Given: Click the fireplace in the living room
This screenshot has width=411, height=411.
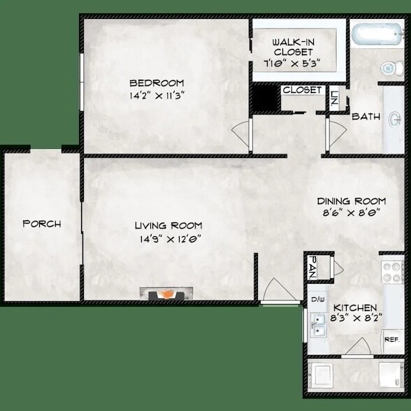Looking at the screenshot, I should pyautogui.click(x=166, y=294).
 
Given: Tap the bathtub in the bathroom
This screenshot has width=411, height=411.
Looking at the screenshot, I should pyautogui.click(x=377, y=35).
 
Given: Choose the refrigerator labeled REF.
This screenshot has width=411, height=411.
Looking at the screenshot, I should pyautogui.click(x=391, y=340).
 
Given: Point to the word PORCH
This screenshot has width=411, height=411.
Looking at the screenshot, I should pyautogui.click(x=42, y=224).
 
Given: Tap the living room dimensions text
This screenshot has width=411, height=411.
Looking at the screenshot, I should pyautogui.click(x=169, y=238).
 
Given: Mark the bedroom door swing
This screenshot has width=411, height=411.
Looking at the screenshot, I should pyautogui.click(x=241, y=133).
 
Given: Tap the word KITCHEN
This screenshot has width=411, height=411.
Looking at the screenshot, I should pyautogui.click(x=355, y=308).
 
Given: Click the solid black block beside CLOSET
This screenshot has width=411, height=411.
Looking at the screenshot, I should pyautogui.click(x=265, y=98).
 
